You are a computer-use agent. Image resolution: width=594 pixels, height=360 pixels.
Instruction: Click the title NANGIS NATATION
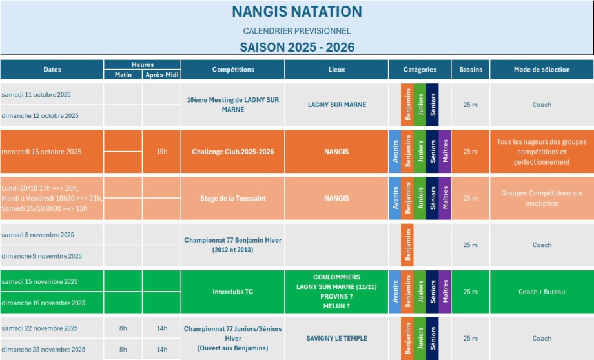297,12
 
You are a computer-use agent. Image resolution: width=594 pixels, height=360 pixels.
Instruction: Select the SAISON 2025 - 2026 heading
297,47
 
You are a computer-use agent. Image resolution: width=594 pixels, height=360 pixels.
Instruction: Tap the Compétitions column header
233,70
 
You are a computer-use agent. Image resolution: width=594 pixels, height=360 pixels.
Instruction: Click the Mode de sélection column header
542,70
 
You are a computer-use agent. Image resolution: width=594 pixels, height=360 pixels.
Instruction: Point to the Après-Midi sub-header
161,75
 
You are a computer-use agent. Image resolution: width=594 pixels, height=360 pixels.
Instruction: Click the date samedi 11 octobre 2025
36,94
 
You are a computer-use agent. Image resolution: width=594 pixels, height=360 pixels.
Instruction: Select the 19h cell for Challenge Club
161,152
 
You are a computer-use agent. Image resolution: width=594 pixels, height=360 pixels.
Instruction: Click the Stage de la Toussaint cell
233,198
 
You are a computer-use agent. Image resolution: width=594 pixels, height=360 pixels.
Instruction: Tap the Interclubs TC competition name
233,292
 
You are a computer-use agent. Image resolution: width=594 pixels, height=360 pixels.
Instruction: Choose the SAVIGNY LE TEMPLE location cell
336,338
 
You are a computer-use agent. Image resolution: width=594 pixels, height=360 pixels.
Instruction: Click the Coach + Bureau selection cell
542,292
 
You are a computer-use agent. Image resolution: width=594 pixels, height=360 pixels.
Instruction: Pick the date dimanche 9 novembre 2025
41,256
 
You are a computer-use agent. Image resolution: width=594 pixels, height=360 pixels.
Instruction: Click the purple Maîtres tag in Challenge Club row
445,152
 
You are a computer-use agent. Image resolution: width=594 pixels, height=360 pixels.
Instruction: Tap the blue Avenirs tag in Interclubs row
394,292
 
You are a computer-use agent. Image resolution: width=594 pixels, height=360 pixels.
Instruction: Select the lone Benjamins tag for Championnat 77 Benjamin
407,245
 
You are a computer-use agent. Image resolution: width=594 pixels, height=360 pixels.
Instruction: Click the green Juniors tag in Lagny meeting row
420,105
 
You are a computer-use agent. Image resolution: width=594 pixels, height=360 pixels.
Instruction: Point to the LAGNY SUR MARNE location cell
336,105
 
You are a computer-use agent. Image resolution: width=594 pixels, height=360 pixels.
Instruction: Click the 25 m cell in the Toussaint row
471,198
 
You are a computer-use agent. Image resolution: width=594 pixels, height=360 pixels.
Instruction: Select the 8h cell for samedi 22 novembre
123,328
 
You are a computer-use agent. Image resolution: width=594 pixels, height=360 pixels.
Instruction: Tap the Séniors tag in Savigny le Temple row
433,338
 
